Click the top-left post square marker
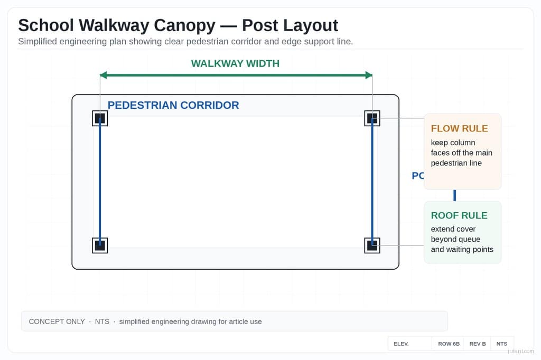point(100,118)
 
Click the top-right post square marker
point(372,118)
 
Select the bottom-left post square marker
point(100,245)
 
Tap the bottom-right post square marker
point(372,245)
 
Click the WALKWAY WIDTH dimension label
point(235,64)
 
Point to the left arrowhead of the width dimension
point(104,75)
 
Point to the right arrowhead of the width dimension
point(369,75)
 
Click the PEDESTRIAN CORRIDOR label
point(173,105)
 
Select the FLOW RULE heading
point(459,128)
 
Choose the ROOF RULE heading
point(459,215)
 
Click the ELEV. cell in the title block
point(401,344)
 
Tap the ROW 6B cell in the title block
point(449,344)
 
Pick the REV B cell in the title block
point(477,344)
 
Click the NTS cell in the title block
point(501,344)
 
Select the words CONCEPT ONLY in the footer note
point(57,321)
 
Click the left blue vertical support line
point(100,182)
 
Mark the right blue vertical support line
point(372,182)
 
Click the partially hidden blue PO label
point(417,176)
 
